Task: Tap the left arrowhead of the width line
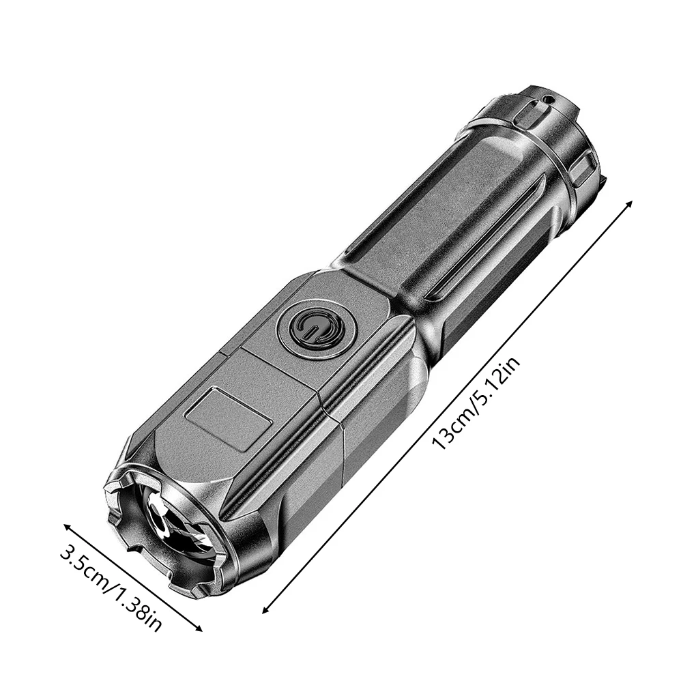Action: [68, 527]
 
